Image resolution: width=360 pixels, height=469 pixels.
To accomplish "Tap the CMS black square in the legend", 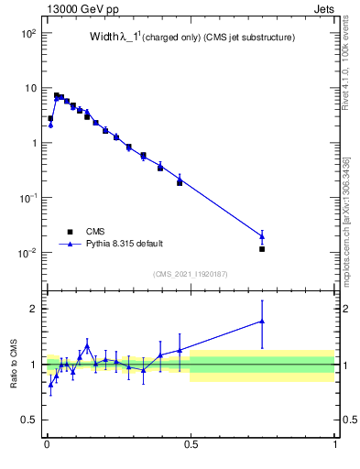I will tap(69, 231).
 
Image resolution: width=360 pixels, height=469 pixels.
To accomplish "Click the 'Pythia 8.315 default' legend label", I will tap(125, 244).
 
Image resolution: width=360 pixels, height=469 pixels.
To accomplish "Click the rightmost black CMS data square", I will tap(262, 249).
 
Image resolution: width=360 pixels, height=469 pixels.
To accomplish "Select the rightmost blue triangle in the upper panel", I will tap(262, 237).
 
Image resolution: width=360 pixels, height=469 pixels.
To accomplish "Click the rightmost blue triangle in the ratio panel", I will tap(262, 322).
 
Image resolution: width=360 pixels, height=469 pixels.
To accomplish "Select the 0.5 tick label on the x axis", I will tap(191, 446).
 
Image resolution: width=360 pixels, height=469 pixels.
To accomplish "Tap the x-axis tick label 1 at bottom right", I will tap(334, 446).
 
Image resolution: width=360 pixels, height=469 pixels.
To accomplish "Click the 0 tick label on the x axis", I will tap(47, 446).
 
